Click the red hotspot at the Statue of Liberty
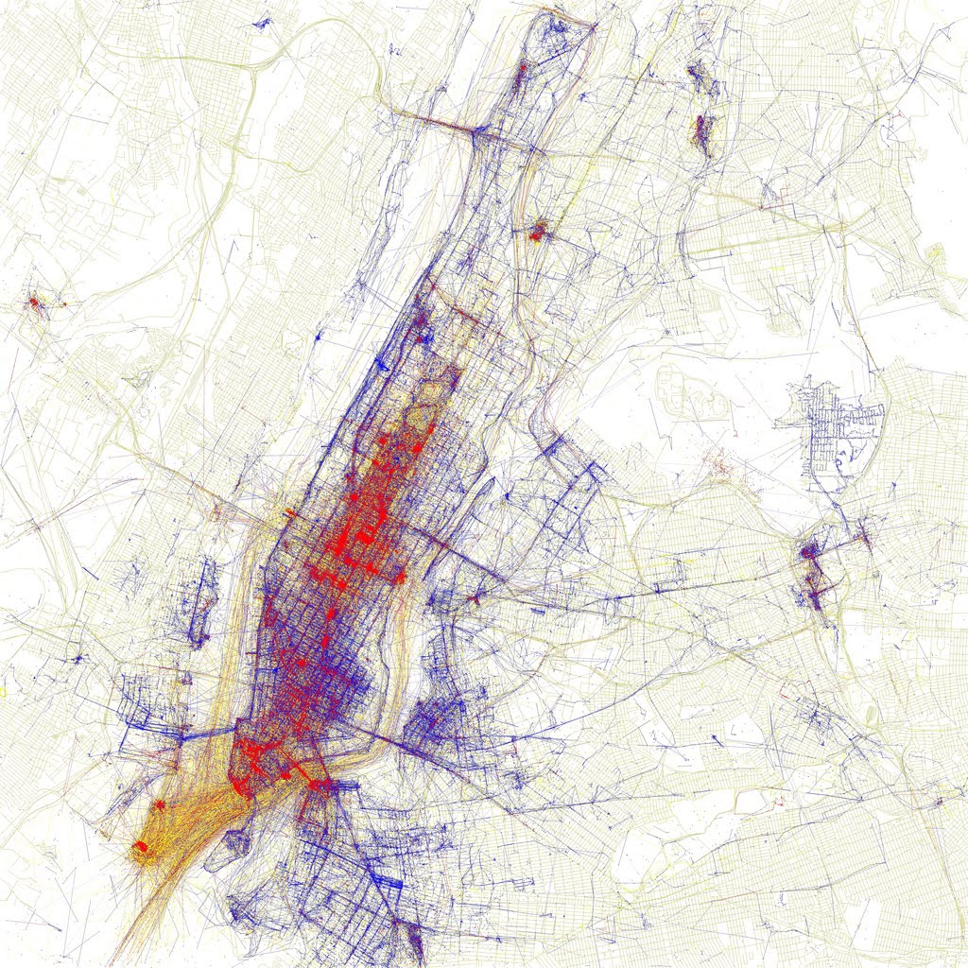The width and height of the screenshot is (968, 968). [141, 847]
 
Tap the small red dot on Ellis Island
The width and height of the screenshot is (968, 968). [160, 804]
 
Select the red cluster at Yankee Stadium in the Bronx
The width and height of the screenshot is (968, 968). [539, 231]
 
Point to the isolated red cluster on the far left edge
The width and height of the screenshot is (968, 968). [34, 303]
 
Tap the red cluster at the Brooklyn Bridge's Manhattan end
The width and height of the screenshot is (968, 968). [318, 784]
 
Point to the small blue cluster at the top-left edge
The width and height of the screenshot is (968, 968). [261, 21]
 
